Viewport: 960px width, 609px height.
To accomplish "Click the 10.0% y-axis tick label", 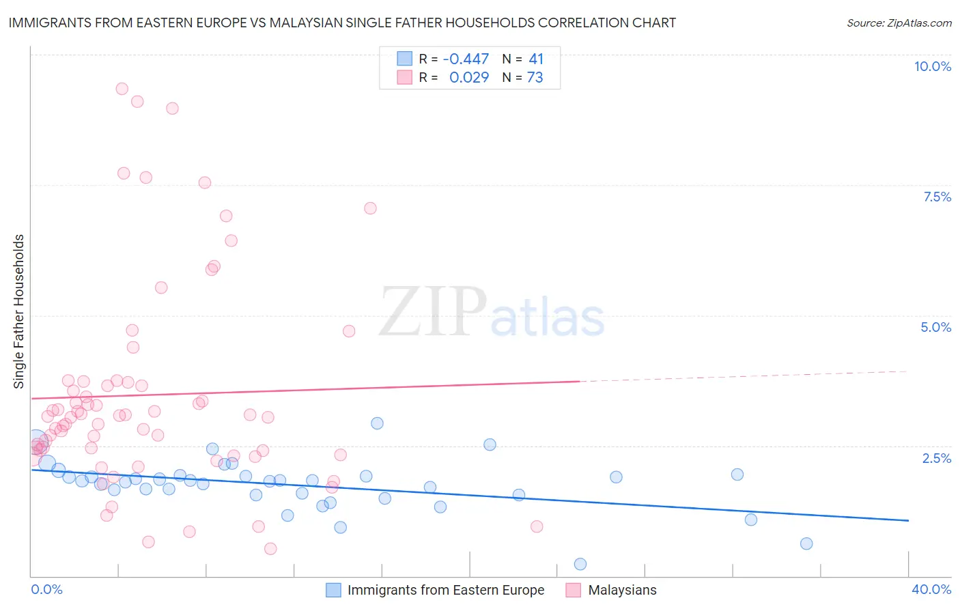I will [x=932, y=66].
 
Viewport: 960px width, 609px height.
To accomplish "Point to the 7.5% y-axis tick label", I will [x=937, y=197].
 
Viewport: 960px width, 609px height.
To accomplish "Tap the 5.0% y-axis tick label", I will [x=935, y=327].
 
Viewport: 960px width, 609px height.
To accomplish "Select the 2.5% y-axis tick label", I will [x=937, y=458].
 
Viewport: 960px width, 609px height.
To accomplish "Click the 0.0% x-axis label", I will [x=46, y=589].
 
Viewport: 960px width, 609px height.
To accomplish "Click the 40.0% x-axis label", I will [x=931, y=589].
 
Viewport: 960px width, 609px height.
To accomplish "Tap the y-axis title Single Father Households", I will [x=18, y=311].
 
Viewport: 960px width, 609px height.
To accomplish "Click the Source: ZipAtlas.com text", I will [x=899, y=23].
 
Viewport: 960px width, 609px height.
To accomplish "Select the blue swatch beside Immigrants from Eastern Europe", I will [x=333, y=590].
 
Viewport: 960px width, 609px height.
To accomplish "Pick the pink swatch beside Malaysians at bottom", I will [x=574, y=590].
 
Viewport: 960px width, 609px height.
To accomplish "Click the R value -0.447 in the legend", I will [x=466, y=59].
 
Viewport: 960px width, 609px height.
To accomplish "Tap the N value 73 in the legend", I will [x=535, y=78].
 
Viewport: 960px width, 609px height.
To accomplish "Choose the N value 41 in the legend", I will [x=535, y=59].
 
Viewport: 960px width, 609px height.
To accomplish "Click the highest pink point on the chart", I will [x=122, y=89].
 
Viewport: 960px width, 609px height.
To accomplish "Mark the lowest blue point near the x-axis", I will [x=580, y=564].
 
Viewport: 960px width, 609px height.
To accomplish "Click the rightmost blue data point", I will [x=806, y=543].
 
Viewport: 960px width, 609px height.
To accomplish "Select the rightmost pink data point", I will [x=537, y=526].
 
